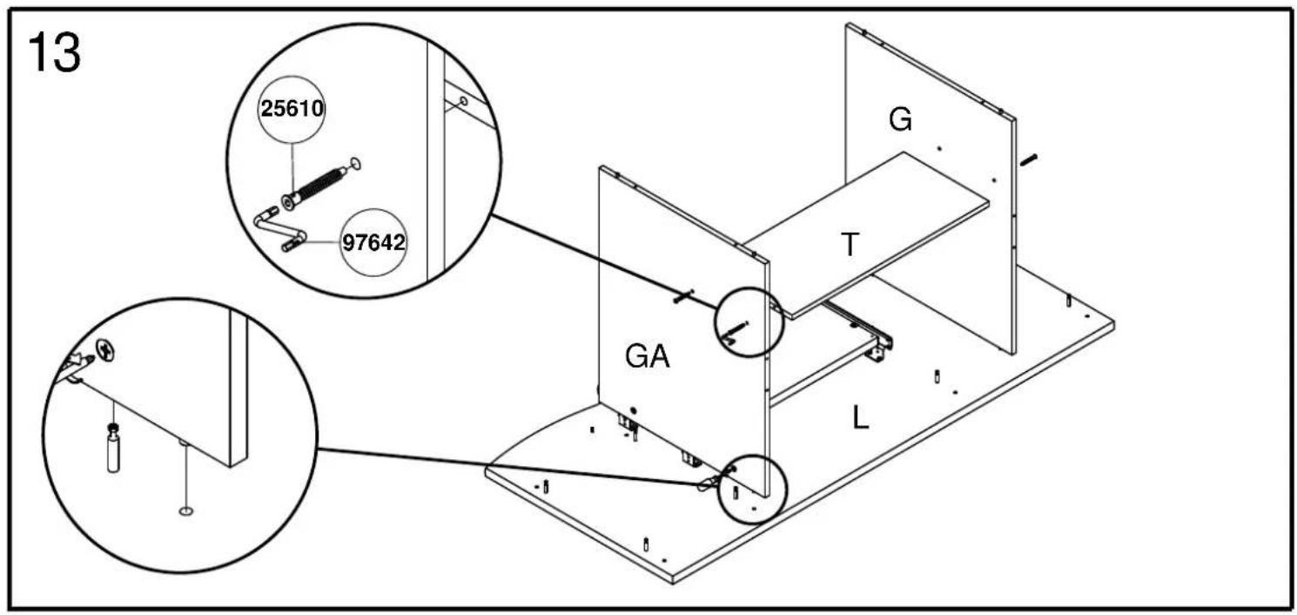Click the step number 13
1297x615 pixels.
pos(55,52)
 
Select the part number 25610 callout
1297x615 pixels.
pos(292,109)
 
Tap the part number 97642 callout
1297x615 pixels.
pos(373,242)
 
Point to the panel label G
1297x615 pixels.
pos(900,120)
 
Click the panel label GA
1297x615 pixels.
pos(648,356)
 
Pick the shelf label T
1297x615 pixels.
pos(850,244)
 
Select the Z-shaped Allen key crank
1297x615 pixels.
pos(279,229)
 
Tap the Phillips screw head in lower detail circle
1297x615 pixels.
pos(105,349)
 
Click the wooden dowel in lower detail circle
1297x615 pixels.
pos(114,449)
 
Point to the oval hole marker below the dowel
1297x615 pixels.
pos(186,511)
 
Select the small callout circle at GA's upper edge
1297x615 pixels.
pos(749,321)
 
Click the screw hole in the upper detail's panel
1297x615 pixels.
pos(463,102)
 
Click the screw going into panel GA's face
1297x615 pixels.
pos(683,296)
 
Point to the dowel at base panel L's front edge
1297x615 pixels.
pos(646,544)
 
